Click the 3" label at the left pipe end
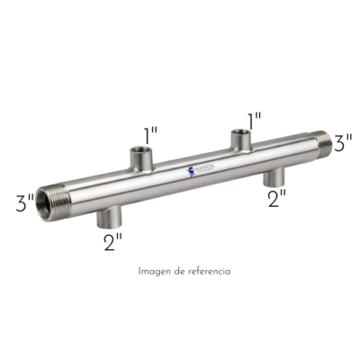coord(24,202)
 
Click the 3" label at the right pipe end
coord(343,142)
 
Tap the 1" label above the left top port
coord(152,134)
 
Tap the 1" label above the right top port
coord(254,118)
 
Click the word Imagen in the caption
coord(156,270)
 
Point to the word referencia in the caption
coord(207,270)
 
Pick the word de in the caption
coord(178,270)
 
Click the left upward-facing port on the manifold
coord(141,159)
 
